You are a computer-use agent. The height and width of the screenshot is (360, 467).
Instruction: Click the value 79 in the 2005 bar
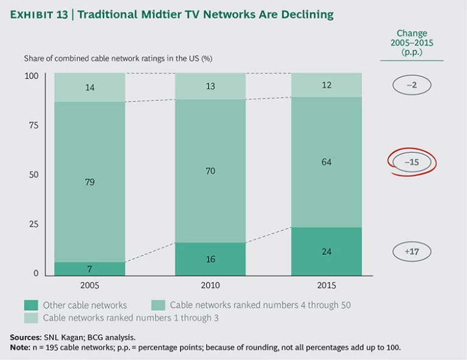click(89, 182)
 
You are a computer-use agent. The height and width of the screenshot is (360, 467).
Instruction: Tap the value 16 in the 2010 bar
click(210, 260)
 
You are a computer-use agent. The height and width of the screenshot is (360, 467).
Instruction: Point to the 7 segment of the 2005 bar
click(89, 268)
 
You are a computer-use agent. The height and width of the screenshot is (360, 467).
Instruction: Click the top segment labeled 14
click(89, 88)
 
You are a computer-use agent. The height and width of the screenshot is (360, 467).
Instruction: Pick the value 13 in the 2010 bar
click(210, 86)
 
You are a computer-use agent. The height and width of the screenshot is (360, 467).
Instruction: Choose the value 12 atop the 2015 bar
click(326, 85)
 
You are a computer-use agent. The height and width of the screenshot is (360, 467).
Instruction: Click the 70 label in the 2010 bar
click(210, 171)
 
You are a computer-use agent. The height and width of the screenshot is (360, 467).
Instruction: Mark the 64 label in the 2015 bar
click(326, 162)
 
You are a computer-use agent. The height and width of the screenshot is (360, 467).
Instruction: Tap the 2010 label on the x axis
click(210, 285)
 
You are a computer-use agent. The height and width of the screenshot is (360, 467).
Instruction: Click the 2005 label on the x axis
click(89, 285)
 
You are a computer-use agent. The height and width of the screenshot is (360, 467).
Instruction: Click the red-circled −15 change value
click(411, 162)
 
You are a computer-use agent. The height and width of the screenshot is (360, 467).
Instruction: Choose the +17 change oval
click(411, 250)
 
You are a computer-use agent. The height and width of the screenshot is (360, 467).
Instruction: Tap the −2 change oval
click(411, 85)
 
